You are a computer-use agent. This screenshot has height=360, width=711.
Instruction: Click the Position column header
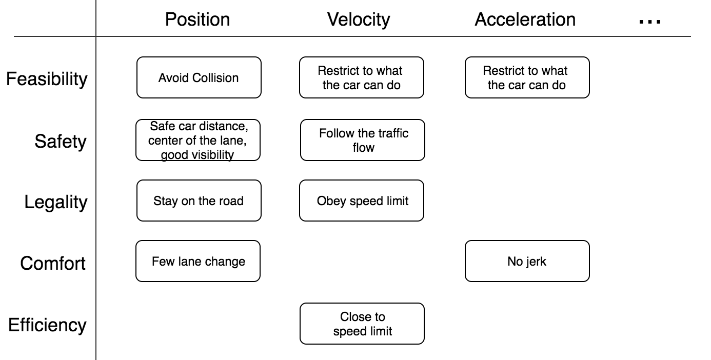tap(197, 20)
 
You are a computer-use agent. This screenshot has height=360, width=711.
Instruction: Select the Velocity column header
tap(359, 20)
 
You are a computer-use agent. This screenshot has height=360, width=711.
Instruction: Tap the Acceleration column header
tap(525, 20)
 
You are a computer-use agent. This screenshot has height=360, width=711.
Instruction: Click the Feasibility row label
tap(47, 79)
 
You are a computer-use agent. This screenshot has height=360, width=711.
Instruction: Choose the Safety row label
tap(61, 141)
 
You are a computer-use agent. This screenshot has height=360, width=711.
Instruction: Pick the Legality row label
tap(55, 202)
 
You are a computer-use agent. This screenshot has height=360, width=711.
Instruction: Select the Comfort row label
tap(53, 263)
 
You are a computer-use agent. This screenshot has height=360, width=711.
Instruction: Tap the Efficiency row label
tap(47, 325)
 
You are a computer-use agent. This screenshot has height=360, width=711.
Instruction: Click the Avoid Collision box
tap(199, 77)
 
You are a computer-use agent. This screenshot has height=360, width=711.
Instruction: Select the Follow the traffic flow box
tap(362, 140)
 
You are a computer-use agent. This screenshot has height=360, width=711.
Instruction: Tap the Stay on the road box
tap(199, 201)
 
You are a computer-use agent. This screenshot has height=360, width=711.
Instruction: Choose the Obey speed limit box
tap(362, 201)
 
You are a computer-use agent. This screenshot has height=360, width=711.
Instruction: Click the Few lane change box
tap(198, 261)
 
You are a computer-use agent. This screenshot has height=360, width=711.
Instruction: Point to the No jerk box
tap(527, 261)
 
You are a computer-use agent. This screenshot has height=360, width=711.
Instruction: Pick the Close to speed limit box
tap(362, 324)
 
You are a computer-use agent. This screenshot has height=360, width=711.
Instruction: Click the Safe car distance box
tap(198, 140)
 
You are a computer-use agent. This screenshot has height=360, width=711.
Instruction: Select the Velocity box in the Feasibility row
tap(362, 77)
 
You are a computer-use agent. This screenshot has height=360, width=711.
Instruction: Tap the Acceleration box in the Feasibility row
tap(527, 77)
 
